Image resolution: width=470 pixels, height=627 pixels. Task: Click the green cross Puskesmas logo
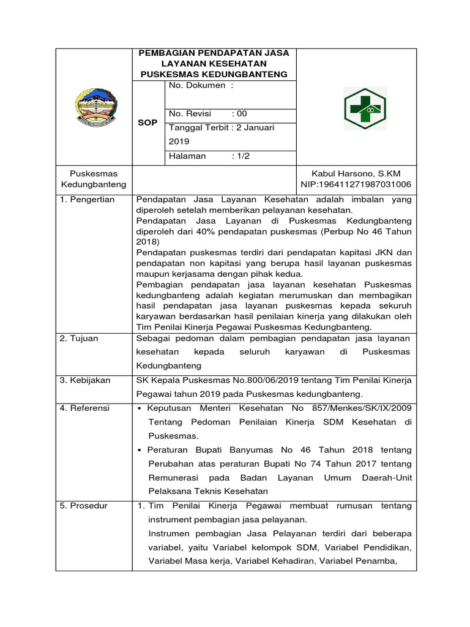(x=364, y=108)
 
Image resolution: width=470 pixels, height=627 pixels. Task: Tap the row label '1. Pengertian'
(x=88, y=200)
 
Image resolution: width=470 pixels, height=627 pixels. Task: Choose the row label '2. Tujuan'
(x=79, y=338)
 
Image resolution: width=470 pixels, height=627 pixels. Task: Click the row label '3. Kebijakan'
(x=85, y=380)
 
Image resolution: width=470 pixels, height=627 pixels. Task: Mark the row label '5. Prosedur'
(x=84, y=506)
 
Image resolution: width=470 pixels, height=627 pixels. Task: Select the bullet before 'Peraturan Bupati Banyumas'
(x=140, y=450)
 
